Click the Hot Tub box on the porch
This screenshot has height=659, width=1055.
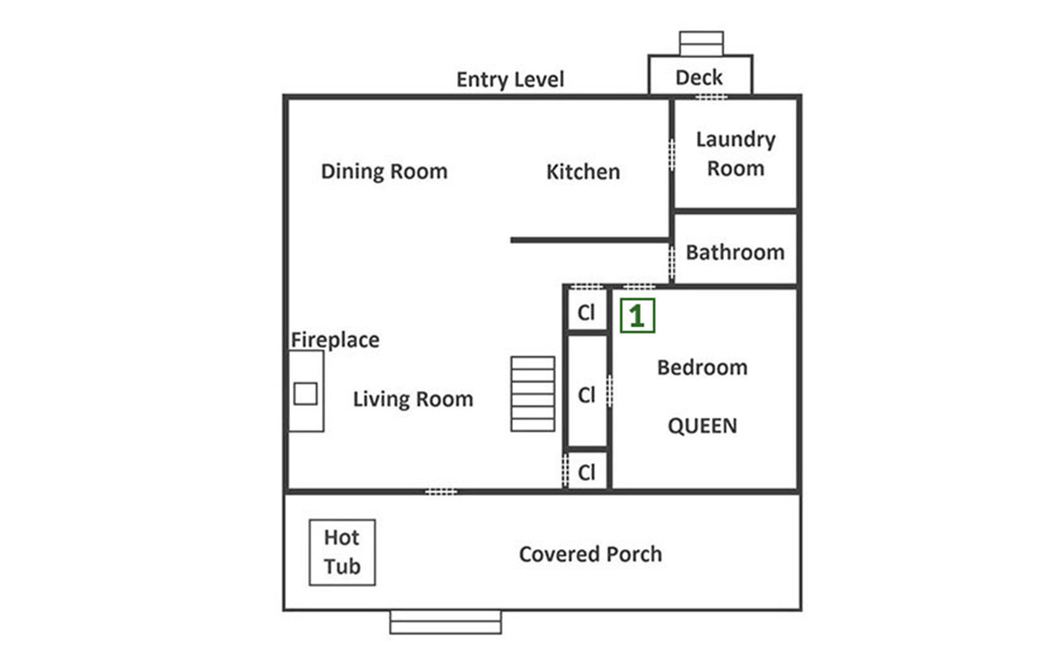point(342,552)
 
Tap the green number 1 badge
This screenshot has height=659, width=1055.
point(637,316)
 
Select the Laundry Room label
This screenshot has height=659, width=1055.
point(735,154)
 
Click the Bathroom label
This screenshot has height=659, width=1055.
point(735,252)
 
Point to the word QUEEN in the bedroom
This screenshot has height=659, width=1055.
point(702,426)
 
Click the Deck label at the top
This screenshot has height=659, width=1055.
point(699,78)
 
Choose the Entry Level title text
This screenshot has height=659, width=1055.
point(510,80)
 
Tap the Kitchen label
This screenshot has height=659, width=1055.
point(583,172)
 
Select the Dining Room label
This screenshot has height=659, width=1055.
point(384,171)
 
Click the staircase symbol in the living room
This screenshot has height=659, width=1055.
point(532,394)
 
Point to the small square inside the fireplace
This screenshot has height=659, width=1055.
point(305,394)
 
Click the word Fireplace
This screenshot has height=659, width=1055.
point(335,340)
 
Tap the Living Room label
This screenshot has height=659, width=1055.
point(413,399)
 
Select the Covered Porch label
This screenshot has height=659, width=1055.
point(590,554)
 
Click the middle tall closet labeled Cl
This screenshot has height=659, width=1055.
point(586,395)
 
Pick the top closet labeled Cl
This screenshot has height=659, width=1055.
point(586,312)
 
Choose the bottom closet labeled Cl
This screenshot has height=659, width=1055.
point(586,472)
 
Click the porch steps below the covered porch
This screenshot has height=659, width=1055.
point(445,622)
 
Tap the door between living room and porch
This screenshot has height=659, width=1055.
point(441,492)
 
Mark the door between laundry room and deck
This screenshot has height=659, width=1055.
point(711,97)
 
